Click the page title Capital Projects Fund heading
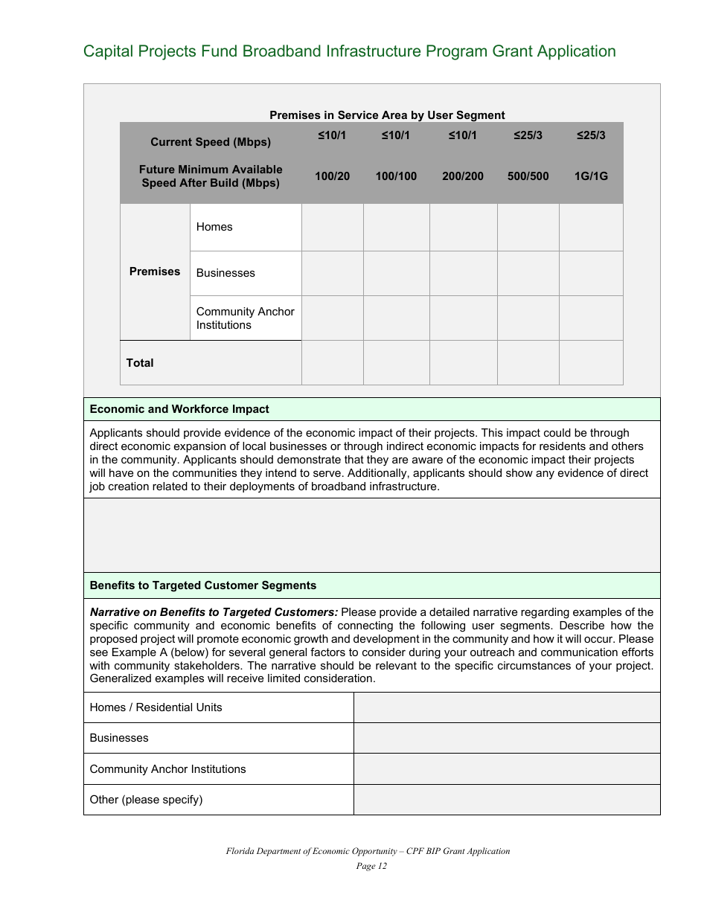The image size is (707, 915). tap(349, 51)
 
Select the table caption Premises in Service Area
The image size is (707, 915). tap(386, 115)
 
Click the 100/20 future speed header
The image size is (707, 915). tap(332, 176)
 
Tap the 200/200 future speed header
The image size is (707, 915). tap(462, 176)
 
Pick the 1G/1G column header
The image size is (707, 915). tap(591, 176)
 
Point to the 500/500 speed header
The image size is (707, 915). tap(528, 176)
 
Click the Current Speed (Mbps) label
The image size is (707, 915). tap(211, 142)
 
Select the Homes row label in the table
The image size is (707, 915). tap(214, 227)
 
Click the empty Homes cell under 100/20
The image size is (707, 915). tap(332, 228)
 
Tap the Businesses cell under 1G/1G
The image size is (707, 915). tap(591, 273)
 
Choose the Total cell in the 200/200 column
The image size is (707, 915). tap(463, 363)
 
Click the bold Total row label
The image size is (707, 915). tap(140, 363)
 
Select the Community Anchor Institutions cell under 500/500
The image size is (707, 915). tap(528, 318)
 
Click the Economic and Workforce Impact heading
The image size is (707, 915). tap(179, 409)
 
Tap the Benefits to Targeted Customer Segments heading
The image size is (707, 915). tap(203, 585)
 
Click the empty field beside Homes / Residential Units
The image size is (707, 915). tap(506, 707)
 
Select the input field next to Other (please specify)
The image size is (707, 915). tap(506, 800)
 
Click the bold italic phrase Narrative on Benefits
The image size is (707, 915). tap(214, 612)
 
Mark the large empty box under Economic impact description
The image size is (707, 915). tap(371, 535)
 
